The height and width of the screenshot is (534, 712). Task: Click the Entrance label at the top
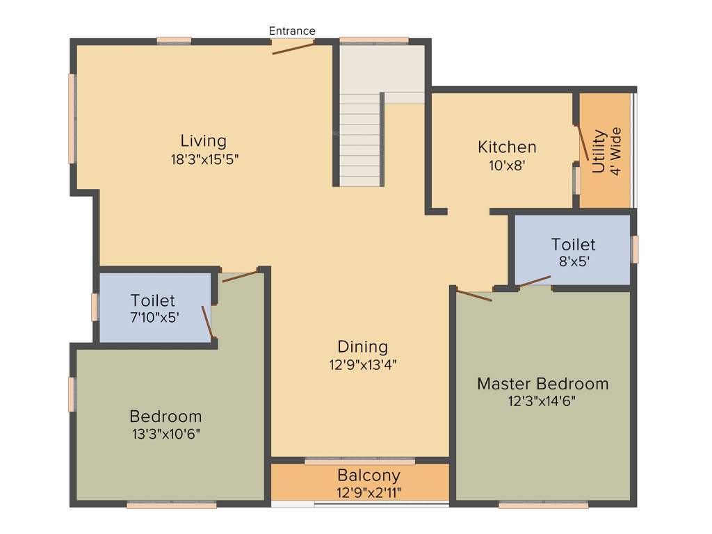292,31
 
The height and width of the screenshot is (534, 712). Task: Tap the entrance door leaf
293,48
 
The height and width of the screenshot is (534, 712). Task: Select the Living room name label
204,141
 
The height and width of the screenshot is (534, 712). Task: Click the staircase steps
360,139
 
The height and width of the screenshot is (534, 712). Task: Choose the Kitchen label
507,147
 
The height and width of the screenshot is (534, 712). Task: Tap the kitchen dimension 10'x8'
507,165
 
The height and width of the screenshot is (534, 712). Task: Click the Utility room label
599,151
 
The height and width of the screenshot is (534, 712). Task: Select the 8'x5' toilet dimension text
573,263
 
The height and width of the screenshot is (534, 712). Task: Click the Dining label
362,346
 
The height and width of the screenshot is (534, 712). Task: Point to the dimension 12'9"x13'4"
363,364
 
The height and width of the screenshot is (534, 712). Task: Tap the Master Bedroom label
542,384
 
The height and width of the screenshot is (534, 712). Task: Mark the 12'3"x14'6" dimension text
542,401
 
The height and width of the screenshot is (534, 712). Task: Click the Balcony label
369,476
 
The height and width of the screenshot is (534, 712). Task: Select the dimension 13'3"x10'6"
165,433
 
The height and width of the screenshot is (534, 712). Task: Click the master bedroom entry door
474,296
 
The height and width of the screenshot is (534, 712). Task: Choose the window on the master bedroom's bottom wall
544,504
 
